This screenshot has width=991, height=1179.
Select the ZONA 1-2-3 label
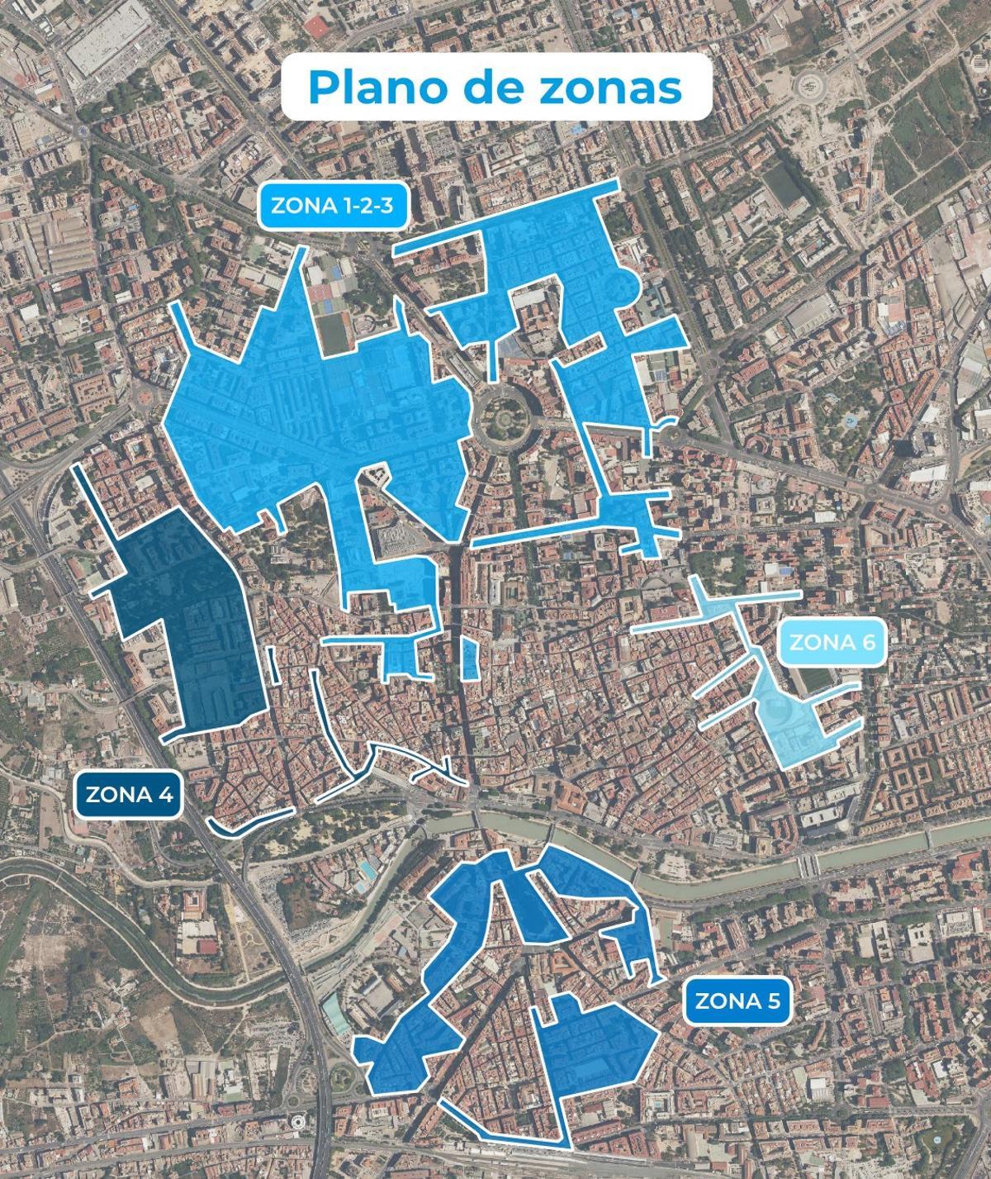(332, 206)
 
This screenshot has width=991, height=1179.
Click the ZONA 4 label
(129, 795)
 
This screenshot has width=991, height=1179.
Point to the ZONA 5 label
(737, 1001)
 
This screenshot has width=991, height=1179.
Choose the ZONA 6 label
(833, 641)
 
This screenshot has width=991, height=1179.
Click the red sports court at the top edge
(315, 27)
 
